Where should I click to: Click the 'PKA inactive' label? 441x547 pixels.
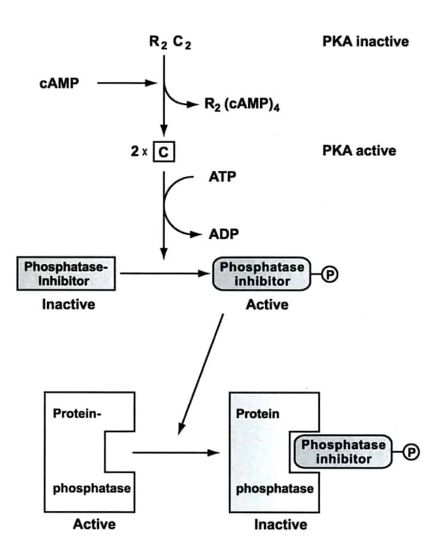pos(366,41)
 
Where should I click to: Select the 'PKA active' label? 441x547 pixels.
pos(359,150)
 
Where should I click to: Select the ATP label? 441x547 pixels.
pos(222,177)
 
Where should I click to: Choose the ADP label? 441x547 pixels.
pos(223,234)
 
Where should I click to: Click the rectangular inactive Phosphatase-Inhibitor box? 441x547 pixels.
pos(66,273)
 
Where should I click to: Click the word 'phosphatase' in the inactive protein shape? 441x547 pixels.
pos(275,488)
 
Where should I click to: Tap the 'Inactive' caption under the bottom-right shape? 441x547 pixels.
pos(280,524)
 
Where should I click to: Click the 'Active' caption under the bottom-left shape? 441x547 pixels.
pos(94,524)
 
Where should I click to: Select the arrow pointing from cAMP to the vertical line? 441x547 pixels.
pos(127,83)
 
